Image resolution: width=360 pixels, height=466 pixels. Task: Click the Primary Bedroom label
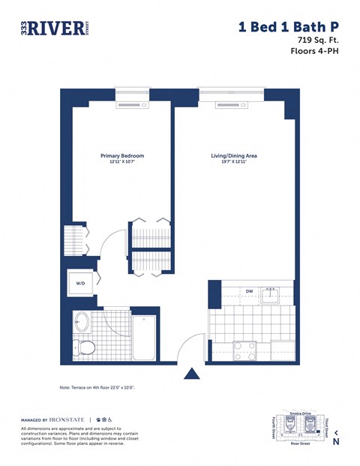point(122,155)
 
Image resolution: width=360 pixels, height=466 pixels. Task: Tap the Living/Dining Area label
point(234,155)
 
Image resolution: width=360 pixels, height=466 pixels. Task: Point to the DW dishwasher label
point(248,291)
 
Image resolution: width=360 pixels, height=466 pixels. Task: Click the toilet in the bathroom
point(87,347)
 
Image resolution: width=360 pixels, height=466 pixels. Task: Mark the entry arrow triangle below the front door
point(192,373)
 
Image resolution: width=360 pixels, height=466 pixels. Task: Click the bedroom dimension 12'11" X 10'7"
point(122,162)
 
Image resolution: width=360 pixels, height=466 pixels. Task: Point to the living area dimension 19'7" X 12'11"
point(234,162)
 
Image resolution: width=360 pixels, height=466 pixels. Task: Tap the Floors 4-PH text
point(315,52)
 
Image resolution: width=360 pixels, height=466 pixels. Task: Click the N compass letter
point(336,442)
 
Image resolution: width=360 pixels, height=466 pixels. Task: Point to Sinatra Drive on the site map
point(299,413)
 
